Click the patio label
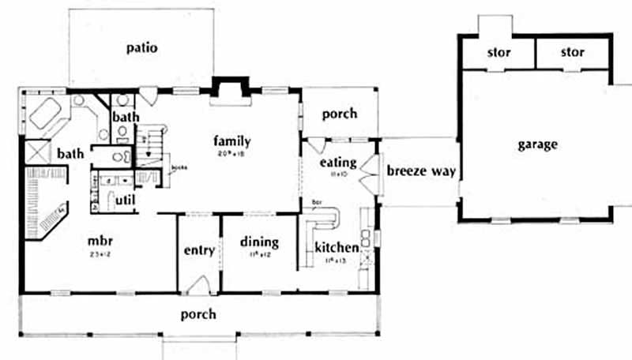click(142, 48)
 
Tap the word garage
click(538, 144)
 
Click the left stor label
click(499, 53)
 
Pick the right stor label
click(573, 53)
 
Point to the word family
click(231, 141)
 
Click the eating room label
click(338, 163)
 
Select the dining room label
click(258, 242)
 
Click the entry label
click(198, 250)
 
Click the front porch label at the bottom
click(198, 314)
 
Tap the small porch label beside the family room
click(340, 114)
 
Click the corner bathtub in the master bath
click(47, 115)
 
